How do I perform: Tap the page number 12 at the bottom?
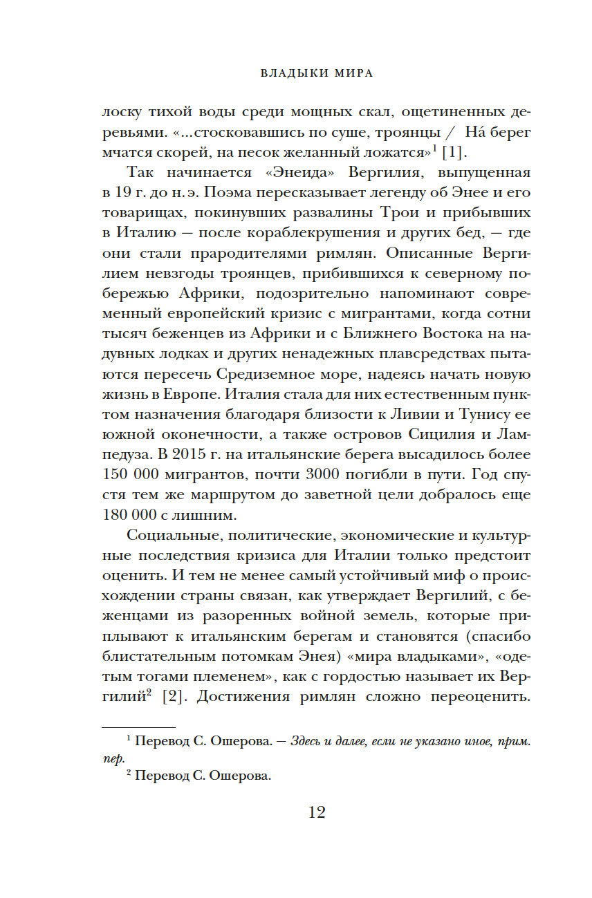(316, 812)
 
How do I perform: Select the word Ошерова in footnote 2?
(234, 776)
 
